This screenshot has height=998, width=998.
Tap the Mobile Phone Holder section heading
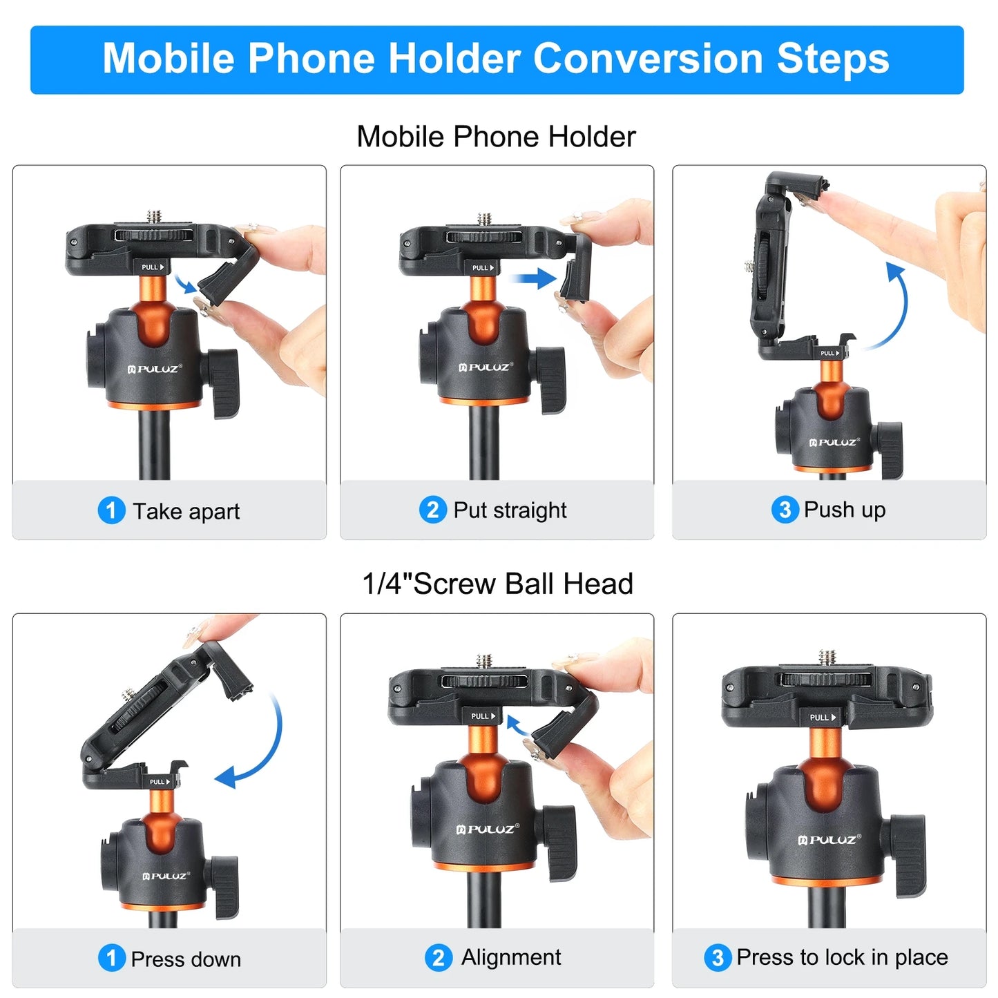click(496, 137)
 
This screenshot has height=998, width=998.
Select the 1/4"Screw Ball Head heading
click(497, 584)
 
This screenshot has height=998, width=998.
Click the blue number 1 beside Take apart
click(111, 511)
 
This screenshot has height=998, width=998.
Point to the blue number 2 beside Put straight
click(432, 510)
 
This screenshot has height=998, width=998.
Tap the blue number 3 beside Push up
click(785, 510)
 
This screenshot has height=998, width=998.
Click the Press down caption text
click(186, 959)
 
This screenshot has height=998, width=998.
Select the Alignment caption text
click(510, 958)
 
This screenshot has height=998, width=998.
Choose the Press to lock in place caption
click(841, 958)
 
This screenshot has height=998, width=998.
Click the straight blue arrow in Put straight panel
click(532, 279)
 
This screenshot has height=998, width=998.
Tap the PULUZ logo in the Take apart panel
click(155, 369)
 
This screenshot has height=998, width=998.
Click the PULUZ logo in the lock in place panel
click(829, 840)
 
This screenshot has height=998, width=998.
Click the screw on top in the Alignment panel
click(485, 661)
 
